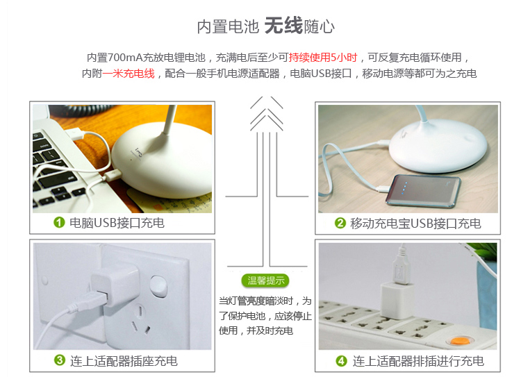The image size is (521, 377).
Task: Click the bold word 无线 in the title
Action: click(283, 26)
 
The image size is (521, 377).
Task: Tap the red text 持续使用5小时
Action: click(322, 58)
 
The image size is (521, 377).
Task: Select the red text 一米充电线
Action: click(129, 74)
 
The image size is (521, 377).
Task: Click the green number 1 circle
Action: click(59, 223)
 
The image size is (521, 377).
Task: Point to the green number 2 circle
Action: click(340, 223)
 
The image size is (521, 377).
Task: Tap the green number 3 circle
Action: click(60, 360)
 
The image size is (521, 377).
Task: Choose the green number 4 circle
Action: click(341, 361)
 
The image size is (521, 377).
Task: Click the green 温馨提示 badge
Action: click(265, 280)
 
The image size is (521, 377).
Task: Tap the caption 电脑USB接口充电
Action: click(117, 223)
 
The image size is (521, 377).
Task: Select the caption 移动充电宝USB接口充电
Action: click(415, 224)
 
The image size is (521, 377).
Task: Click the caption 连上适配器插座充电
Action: click(124, 361)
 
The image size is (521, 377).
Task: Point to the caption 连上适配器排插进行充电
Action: click(418, 361)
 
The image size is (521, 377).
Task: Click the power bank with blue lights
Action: click(423, 191)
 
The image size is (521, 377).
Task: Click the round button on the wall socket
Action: click(158, 285)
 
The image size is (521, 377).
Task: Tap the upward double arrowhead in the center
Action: click(267, 113)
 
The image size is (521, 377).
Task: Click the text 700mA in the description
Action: click(125, 58)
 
